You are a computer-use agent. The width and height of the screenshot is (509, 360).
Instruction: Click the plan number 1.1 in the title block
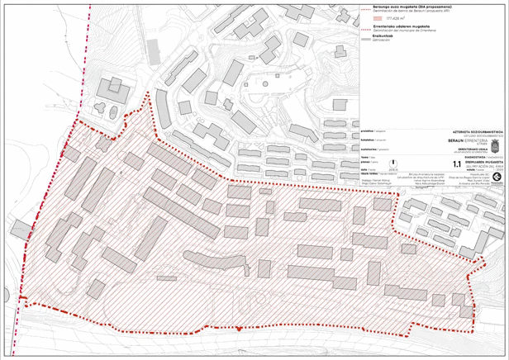coord(456,164)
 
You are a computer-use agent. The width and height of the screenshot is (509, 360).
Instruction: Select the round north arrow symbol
coord(393,164)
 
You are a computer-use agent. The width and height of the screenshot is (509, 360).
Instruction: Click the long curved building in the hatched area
coord(215,263)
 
